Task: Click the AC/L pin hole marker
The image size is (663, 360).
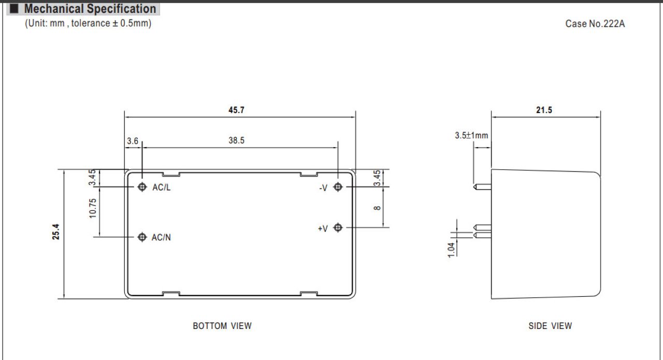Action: (x=142, y=187)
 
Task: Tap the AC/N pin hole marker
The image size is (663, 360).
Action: (x=142, y=237)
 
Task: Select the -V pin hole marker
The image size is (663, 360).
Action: (x=338, y=187)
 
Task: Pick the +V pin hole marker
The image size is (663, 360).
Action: (x=338, y=227)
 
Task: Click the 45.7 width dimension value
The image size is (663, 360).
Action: (x=236, y=110)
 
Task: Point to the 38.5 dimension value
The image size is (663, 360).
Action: (x=236, y=140)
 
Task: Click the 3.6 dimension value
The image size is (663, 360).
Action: (x=132, y=141)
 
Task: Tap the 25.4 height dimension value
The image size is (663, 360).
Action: (x=55, y=232)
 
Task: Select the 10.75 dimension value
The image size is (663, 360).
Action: (x=93, y=208)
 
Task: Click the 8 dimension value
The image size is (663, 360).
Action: (x=377, y=208)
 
